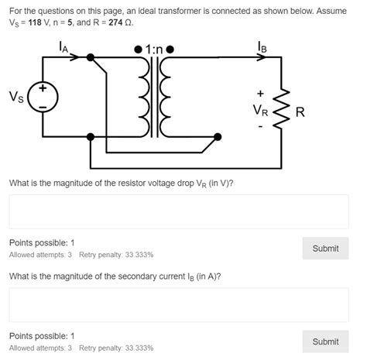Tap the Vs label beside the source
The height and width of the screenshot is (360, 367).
15,97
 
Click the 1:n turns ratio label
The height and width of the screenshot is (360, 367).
157,50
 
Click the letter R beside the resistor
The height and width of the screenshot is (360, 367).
300,113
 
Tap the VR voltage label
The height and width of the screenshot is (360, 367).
261,110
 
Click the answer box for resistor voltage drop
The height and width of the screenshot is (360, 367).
179,211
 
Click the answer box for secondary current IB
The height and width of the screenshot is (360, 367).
179,304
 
